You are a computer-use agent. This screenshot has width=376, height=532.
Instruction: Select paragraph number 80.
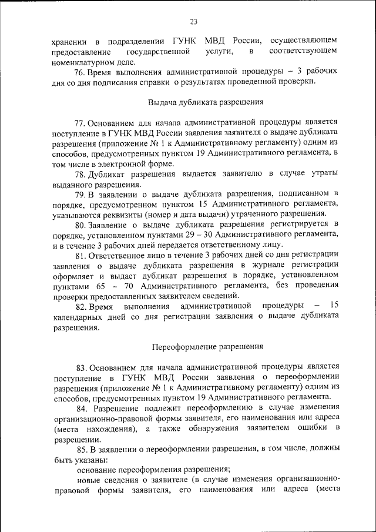[80, 225]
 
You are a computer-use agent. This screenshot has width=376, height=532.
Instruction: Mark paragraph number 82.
[80, 306]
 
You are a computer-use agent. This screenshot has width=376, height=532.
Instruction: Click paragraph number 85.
[80, 449]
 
